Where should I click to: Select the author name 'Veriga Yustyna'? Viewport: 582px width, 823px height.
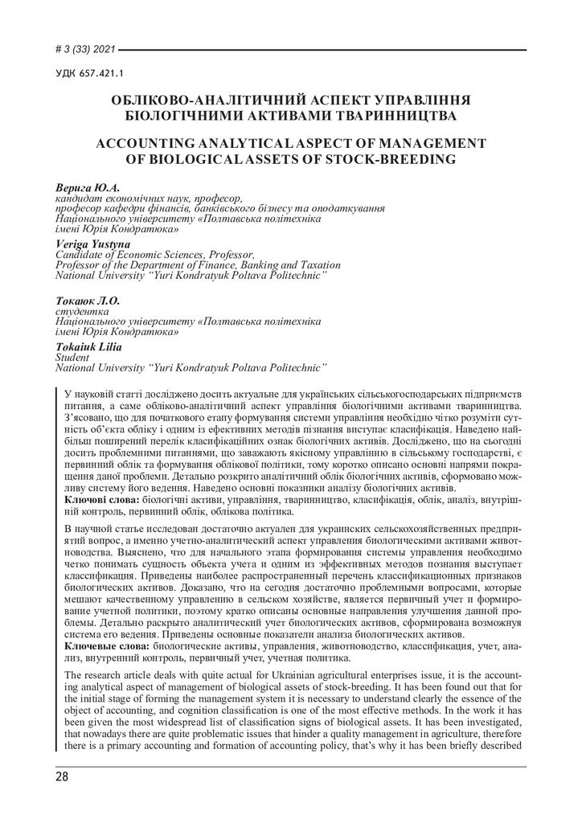(92, 244)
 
